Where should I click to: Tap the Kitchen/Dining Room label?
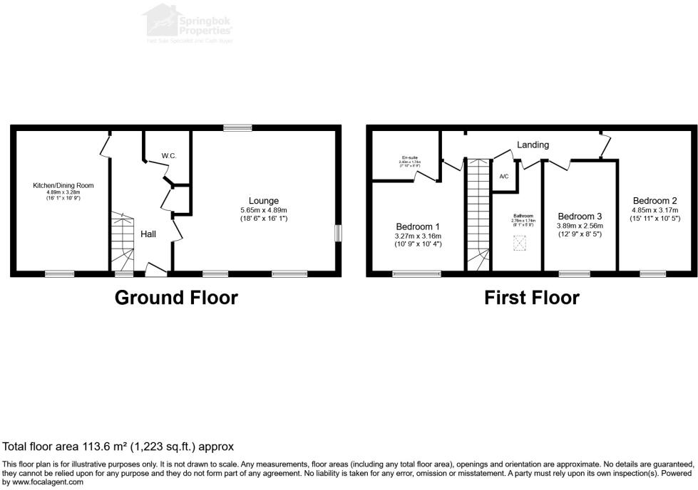63,186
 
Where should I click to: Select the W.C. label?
169,155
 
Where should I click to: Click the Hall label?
148,234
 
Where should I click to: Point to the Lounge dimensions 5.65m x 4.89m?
264,211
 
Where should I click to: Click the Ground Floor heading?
176,297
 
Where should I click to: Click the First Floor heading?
531,297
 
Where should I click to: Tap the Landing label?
533,145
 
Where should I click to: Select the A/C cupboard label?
503,176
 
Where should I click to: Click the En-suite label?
410,158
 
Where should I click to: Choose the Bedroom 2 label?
655,201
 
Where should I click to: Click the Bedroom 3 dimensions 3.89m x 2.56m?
580,226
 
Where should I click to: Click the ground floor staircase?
121,241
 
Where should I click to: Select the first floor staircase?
477,214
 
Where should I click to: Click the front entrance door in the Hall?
155,268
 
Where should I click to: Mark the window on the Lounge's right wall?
338,234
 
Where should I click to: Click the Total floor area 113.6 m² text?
118,447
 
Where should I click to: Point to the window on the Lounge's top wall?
237,128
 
